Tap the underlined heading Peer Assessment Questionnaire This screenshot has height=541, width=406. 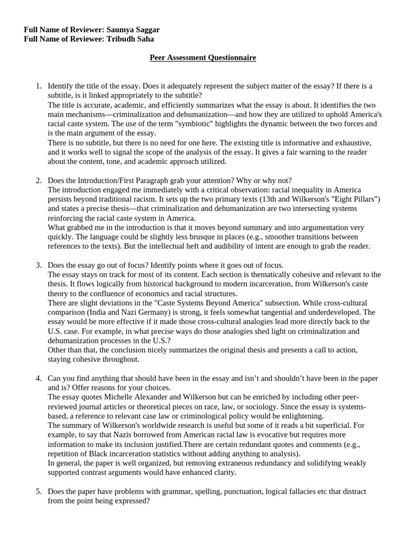pyautogui.click(x=203, y=58)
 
